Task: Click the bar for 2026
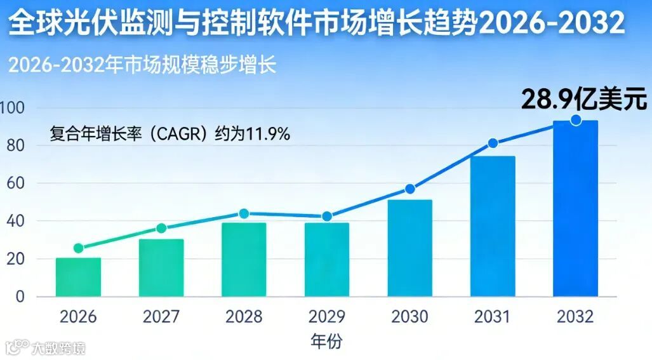click(x=78, y=277)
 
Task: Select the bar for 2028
click(x=244, y=260)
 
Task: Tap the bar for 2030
click(x=409, y=248)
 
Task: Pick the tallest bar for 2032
click(x=575, y=209)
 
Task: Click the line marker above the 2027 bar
click(x=161, y=229)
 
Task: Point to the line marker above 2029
click(x=327, y=217)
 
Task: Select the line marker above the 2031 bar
click(x=493, y=143)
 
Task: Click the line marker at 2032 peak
click(x=576, y=120)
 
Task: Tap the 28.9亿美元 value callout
click(x=583, y=100)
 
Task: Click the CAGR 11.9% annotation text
click(x=170, y=134)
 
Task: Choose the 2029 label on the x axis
click(x=327, y=316)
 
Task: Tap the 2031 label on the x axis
click(x=493, y=316)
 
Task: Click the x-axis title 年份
click(x=327, y=342)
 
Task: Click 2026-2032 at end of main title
click(x=550, y=24)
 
